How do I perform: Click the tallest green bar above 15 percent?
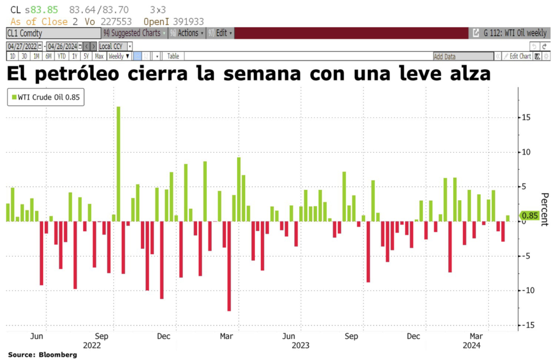pyautogui.click(x=118, y=164)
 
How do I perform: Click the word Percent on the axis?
pyautogui.click(x=544, y=211)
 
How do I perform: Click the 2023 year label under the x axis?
pyautogui.click(x=300, y=345)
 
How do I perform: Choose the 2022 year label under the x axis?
pyautogui.click(x=92, y=345)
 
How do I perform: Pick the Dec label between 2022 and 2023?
pyautogui.click(x=163, y=336)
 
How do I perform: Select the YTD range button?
pyautogui.click(x=62, y=56)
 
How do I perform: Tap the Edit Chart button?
pyautogui.click(x=517, y=56)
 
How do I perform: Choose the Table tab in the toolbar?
pyautogui.click(x=173, y=56)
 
